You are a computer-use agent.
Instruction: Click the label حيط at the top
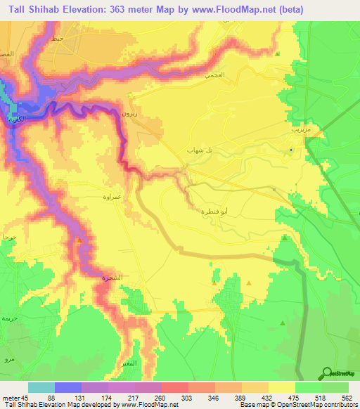click(58, 39)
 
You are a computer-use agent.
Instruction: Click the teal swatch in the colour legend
click(41, 387)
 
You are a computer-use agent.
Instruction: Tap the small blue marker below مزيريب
click(292, 148)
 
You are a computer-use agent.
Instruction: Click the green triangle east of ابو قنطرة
click(284, 238)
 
